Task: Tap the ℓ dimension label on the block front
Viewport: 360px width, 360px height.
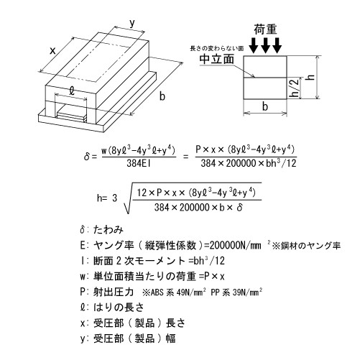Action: tap(73, 92)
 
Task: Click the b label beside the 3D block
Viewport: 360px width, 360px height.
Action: tap(162, 96)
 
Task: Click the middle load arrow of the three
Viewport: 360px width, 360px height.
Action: tap(267, 45)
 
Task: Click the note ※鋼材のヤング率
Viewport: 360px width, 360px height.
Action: tap(305, 246)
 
